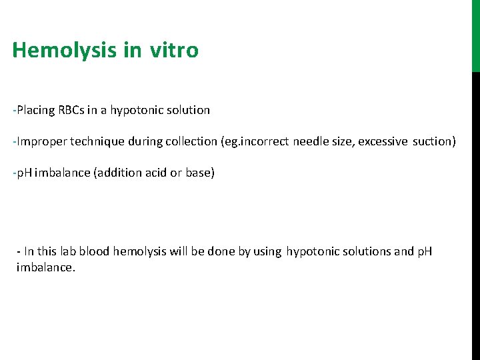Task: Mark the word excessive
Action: (383, 142)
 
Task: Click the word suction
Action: (434, 142)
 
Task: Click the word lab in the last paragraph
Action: (69, 252)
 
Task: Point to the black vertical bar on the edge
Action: (475, 213)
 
